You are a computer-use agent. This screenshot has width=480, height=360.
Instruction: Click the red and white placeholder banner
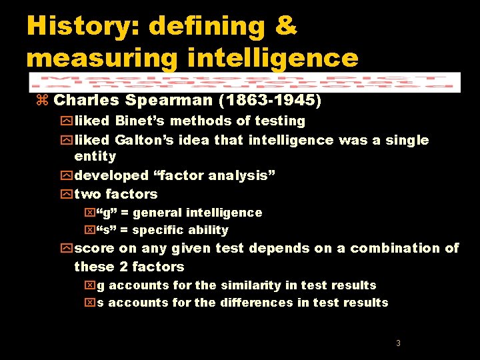pyautogui.click(x=245, y=81)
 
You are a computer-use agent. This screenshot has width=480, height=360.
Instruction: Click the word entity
pyautogui.click(x=95, y=157)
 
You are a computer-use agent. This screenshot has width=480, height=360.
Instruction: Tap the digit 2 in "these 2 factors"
pyautogui.click(x=123, y=267)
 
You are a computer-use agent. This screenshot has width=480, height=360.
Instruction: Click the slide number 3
pyautogui.click(x=398, y=343)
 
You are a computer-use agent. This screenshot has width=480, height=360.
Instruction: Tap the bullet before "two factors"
pyautogui.click(x=67, y=195)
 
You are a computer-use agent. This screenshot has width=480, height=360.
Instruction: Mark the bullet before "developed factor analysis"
pyautogui.click(x=67, y=176)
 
